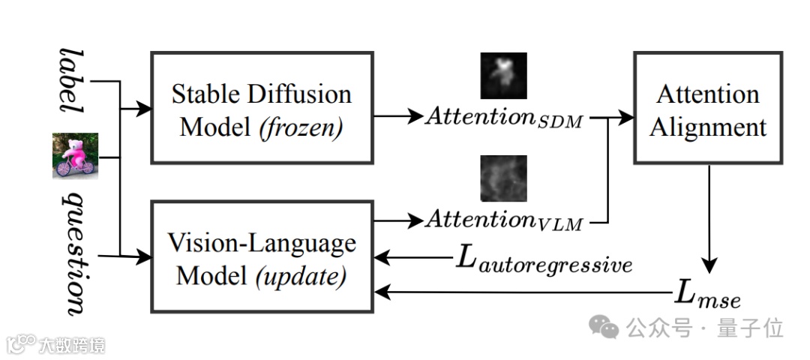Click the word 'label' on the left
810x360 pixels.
tap(73, 82)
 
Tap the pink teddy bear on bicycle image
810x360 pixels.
tap(75, 155)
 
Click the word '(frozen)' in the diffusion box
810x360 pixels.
tap(301, 127)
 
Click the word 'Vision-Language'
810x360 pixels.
tap(261, 244)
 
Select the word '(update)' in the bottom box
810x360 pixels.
tap(301, 276)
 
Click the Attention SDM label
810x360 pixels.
tap(503, 116)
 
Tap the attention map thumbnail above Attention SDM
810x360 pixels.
tap(503, 76)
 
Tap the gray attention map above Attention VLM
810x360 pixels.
tap(503, 178)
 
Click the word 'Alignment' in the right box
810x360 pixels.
tap(708, 127)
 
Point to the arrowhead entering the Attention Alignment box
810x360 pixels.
tap(628, 117)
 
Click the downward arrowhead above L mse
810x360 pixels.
tap(709, 266)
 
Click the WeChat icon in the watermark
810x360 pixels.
tap(604, 326)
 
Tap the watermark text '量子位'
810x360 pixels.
tap(750, 328)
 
